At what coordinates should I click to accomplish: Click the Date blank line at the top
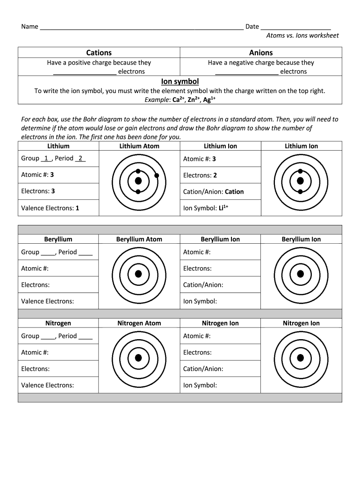click(295, 27)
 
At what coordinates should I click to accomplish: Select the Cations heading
click(99, 52)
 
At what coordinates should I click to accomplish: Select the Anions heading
click(261, 52)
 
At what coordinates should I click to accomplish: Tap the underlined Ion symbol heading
click(180, 81)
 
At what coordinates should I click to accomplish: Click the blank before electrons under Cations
click(85, 72)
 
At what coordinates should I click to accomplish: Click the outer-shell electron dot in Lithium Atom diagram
click(157, 176)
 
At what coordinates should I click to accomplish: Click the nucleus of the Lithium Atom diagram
click(138, 181)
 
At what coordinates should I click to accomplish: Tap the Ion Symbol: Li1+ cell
click(220, 208)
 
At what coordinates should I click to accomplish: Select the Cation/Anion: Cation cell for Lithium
click(220, 191)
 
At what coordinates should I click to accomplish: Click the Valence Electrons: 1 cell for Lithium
click(58, 208)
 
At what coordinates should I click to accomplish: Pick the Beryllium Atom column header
click(139, 239)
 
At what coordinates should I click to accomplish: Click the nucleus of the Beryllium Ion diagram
click(301, 274)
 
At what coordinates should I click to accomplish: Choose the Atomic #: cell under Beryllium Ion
click(220, 252)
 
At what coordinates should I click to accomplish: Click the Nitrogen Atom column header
click(139, 323)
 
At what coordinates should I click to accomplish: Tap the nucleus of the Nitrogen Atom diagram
click(138, 358)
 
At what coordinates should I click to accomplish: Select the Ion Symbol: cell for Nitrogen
click(220, 385)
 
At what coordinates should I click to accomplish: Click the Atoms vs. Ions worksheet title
click(302, 36)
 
